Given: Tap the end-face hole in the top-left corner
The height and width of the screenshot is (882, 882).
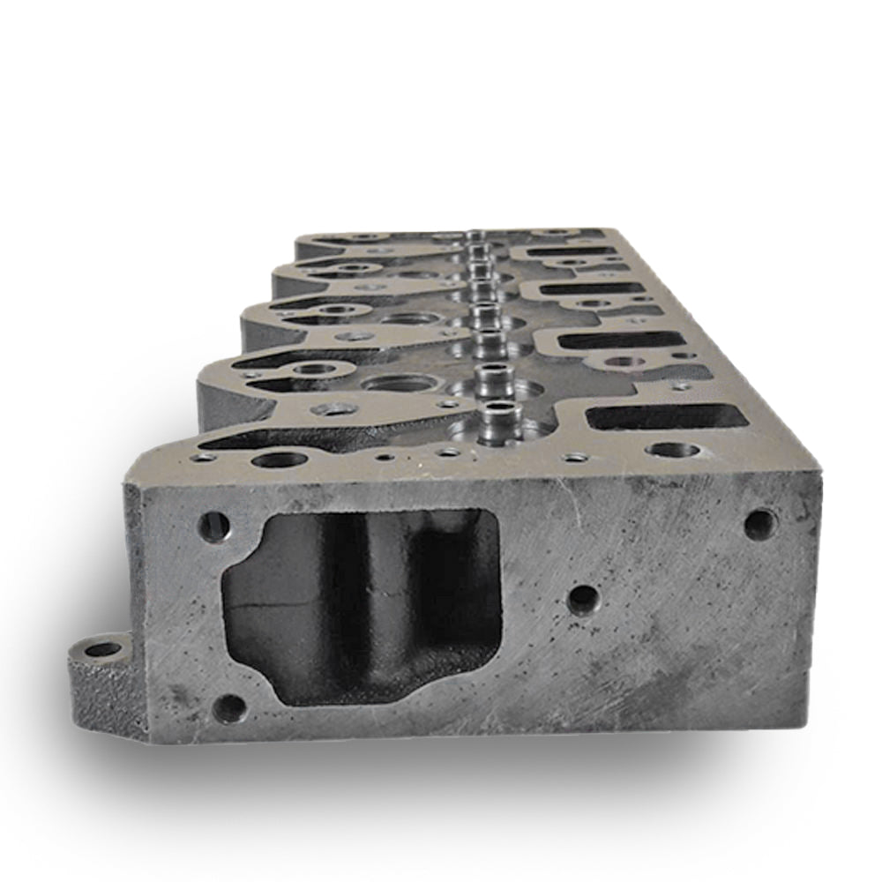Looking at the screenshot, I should point(213,527).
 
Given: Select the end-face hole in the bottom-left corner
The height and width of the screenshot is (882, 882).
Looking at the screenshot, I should point(229,706).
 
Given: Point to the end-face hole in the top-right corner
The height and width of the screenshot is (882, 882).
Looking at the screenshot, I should point(760,524).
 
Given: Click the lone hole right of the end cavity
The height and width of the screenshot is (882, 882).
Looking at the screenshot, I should point(583,600).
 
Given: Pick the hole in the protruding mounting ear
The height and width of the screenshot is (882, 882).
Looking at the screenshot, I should point(103,650).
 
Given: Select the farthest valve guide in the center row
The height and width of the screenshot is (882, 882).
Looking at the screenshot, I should point(475,236).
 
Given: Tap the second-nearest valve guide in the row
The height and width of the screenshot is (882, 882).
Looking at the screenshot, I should point(490,375).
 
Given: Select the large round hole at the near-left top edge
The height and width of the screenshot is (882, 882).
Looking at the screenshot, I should point(279,459).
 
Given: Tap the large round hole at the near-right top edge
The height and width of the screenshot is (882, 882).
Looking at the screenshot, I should point(672,451).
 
